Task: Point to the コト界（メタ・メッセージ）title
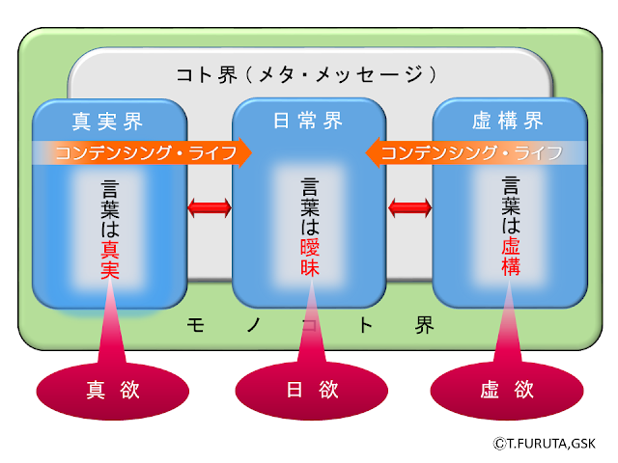coord(308,73)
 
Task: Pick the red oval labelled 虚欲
coord(506,391)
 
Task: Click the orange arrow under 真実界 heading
coord(145,152)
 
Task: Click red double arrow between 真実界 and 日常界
coord(210,206)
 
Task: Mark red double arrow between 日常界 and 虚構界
coord(409,206)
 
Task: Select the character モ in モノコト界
coord(194,325)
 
